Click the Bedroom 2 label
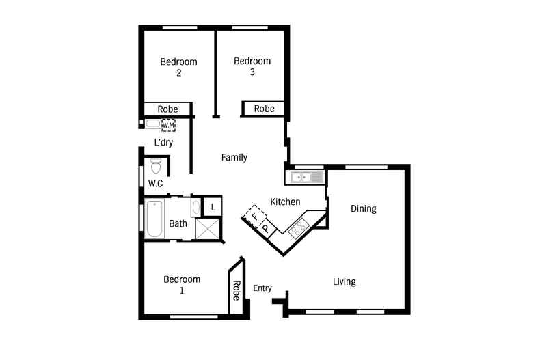(178, 67)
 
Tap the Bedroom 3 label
(252, 66)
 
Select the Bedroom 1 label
(182, 285)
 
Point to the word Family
(234, 158)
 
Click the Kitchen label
(285, 202)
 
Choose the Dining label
(364, 209)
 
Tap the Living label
(345, 282)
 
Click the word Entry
(262, 288)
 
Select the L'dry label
(163, 142)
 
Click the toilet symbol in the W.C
(156, 165)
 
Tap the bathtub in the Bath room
(154, 219)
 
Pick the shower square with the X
(207, 229)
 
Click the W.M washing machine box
(168, 125)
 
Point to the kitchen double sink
(307, 178)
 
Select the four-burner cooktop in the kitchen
(299, 228)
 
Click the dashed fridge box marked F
(255, 217)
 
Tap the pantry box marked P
(266, 228)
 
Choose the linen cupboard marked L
(213, 207)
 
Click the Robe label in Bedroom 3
(264, 109)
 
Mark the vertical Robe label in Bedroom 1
(237, 290)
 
